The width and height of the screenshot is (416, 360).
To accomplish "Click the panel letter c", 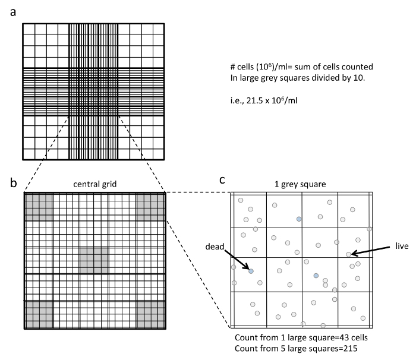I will point(222,180).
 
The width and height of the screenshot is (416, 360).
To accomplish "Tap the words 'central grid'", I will point(94,184).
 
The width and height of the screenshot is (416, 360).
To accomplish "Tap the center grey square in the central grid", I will point(94,260).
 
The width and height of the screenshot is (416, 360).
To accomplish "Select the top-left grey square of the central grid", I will point(37,206).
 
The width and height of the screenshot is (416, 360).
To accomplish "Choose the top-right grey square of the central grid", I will point(150,206).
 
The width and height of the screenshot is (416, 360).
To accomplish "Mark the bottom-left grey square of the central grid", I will point(37,314).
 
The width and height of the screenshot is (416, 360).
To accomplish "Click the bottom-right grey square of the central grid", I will point(150,314).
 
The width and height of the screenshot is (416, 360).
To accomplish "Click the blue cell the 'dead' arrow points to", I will point(251,271).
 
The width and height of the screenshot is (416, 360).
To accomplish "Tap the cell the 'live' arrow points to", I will point(348,254).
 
